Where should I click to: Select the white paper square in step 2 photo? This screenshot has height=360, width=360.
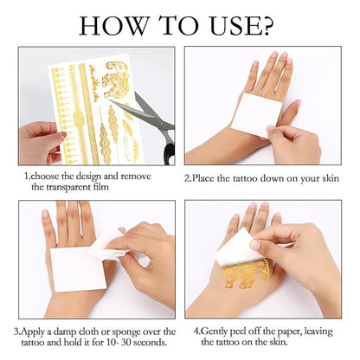click(256, 114)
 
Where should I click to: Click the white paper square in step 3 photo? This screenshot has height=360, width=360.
click(78, 267)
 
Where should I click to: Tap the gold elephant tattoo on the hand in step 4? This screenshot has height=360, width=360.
click(246, 273)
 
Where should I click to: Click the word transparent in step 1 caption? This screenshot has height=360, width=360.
click(70, 187)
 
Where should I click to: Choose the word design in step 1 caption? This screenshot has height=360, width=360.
click(91, 175)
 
